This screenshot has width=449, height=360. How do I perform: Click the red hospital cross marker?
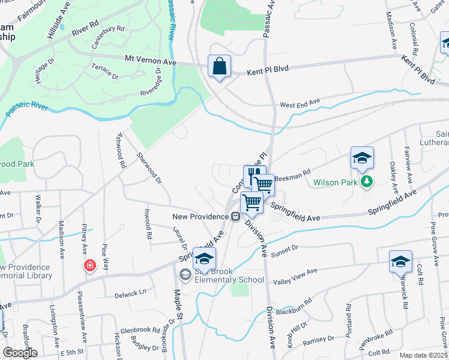click(x=90, y=265)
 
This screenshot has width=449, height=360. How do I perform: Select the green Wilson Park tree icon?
click(x=365, y=181)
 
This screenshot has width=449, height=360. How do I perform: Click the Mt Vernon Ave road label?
click(x=150, y=61)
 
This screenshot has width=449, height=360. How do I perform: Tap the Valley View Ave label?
click(x=295, y=277)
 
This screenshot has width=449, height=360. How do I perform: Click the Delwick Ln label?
click(x=131, y=294)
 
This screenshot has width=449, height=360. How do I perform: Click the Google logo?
click(x=20, y=352)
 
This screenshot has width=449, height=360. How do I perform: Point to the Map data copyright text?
click(x=423, y=355)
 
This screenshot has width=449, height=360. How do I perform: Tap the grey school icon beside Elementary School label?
click(x=185, y=275)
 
